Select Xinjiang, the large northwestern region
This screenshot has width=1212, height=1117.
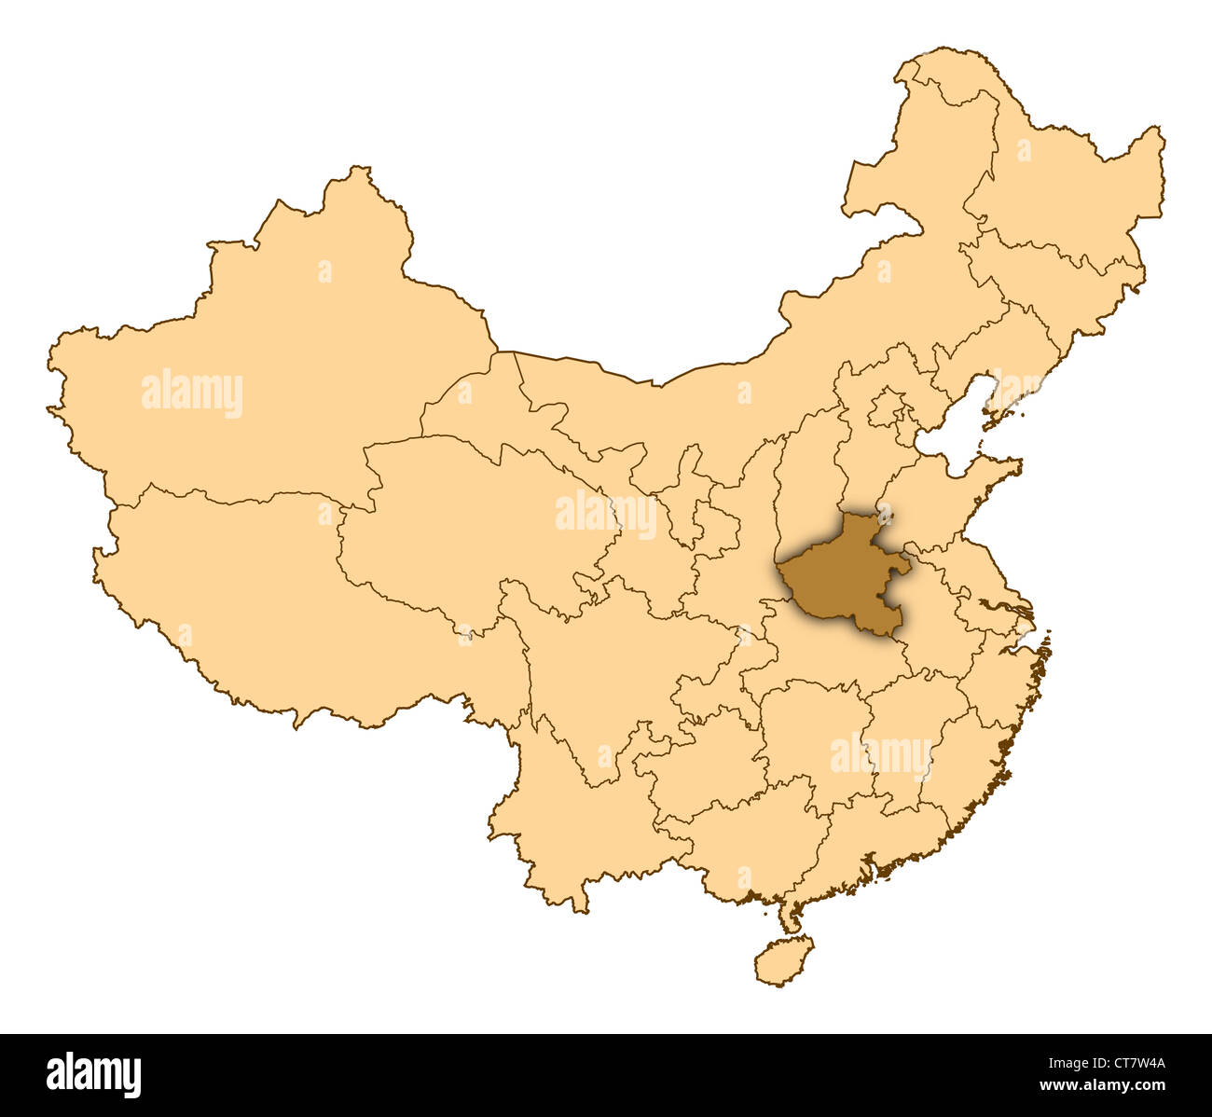[280, 354]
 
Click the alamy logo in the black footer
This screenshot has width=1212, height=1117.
[93, 1074]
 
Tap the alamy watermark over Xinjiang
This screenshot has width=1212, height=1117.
[192, 393]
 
